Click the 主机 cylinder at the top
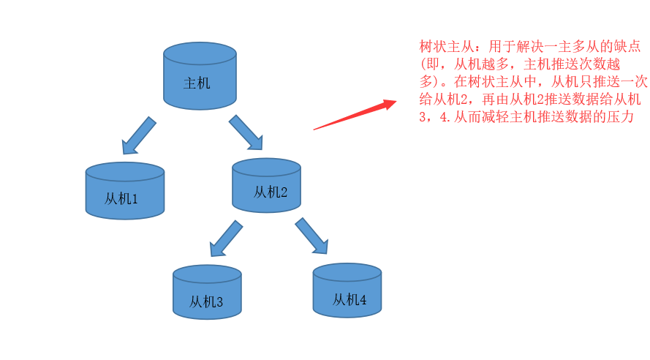(x=200, y=77)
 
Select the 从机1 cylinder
(x=124, y=191)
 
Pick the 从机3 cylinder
(x=207, y=293)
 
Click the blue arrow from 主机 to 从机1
(x=138, y=135)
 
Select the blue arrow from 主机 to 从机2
(x=246, y=132)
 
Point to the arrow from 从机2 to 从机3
(x=226, y=239)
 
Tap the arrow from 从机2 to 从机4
(x=311, y=236)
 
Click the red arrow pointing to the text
(x=355, y=115)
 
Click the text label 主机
(x=197, y=83)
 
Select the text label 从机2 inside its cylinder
(x=271, y=192)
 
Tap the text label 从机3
(x=206, y=301)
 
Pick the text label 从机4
(x=349, y=299)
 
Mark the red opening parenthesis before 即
(x=424, y=64)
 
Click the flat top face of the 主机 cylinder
(x=200, y=53)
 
